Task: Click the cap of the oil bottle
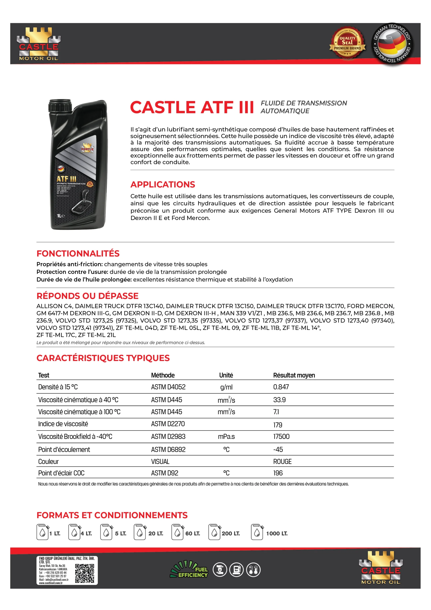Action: coord(60,106)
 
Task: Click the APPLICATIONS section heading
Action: coord(163,184)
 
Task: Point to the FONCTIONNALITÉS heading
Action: coord(78,254)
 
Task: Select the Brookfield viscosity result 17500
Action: coord(281,437)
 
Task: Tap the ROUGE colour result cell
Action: coord(282,462)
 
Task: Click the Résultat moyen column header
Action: coord(294,375)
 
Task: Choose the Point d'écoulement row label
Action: coord(64,450)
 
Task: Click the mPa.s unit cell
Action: coord(226,437)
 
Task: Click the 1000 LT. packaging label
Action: coord(277,534)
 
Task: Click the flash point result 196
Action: coord(278,473)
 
